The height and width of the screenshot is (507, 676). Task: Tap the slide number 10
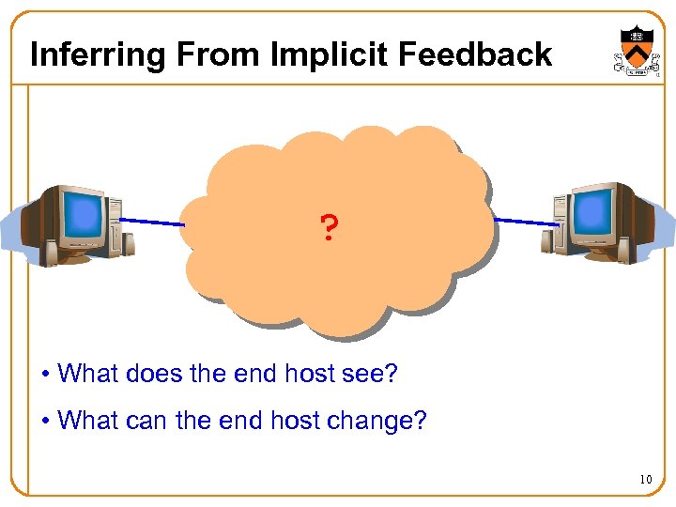click(645, 480)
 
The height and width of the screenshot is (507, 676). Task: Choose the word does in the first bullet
click(155, 374)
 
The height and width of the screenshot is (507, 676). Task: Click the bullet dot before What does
click(45, 375)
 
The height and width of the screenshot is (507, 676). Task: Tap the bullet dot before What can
click(45, 421)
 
